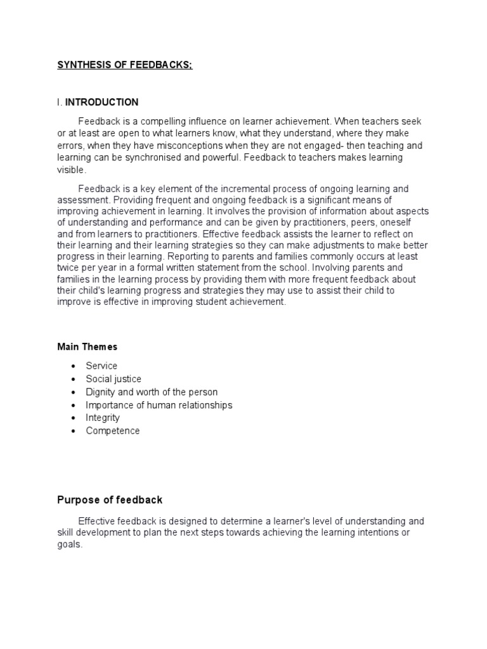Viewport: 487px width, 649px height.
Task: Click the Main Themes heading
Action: [87, 347]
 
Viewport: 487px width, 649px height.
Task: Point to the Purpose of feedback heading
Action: [110, 500]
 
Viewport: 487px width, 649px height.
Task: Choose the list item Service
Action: [101, 366]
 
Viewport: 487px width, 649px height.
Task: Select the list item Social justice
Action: [114, 379]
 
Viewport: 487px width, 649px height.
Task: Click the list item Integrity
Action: [103, 418]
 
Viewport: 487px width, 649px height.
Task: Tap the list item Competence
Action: [113, 431]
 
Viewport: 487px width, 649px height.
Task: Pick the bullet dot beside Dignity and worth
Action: [74, 392]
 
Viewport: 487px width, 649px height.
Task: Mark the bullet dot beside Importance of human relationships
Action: [74, 405]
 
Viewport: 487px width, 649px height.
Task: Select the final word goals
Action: [69, 545]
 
